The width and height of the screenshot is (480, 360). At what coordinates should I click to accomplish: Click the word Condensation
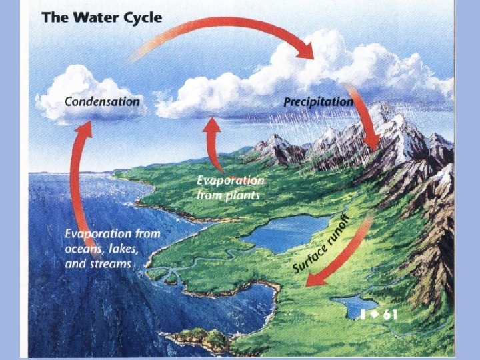coord(102,101)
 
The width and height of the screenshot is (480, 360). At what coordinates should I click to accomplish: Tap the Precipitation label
coord(319,102)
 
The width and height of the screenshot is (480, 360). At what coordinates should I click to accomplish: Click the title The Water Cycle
coord(101,17)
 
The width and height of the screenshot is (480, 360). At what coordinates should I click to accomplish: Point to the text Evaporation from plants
coord(230,188)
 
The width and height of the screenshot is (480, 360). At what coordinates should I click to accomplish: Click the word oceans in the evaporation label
coord(85,249)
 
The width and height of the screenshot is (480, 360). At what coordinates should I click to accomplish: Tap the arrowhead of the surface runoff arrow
coord(313,278)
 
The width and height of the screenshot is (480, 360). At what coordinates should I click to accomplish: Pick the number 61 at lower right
coord(385,315)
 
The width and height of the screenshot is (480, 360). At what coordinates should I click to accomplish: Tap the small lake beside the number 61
coord(350,306)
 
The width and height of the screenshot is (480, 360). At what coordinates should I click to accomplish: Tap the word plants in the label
coord(243,195)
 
